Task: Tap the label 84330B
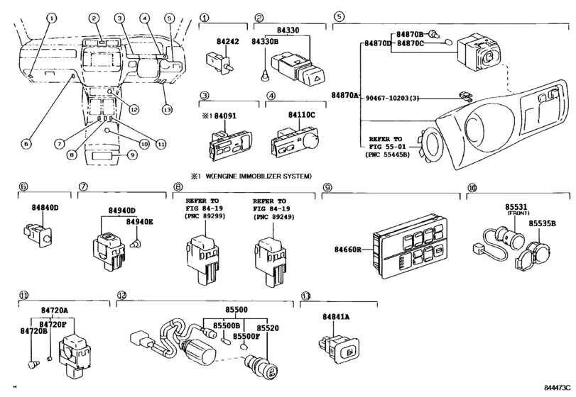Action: point(264,42)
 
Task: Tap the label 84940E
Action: point(139,222)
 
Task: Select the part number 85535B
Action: point(543,223)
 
